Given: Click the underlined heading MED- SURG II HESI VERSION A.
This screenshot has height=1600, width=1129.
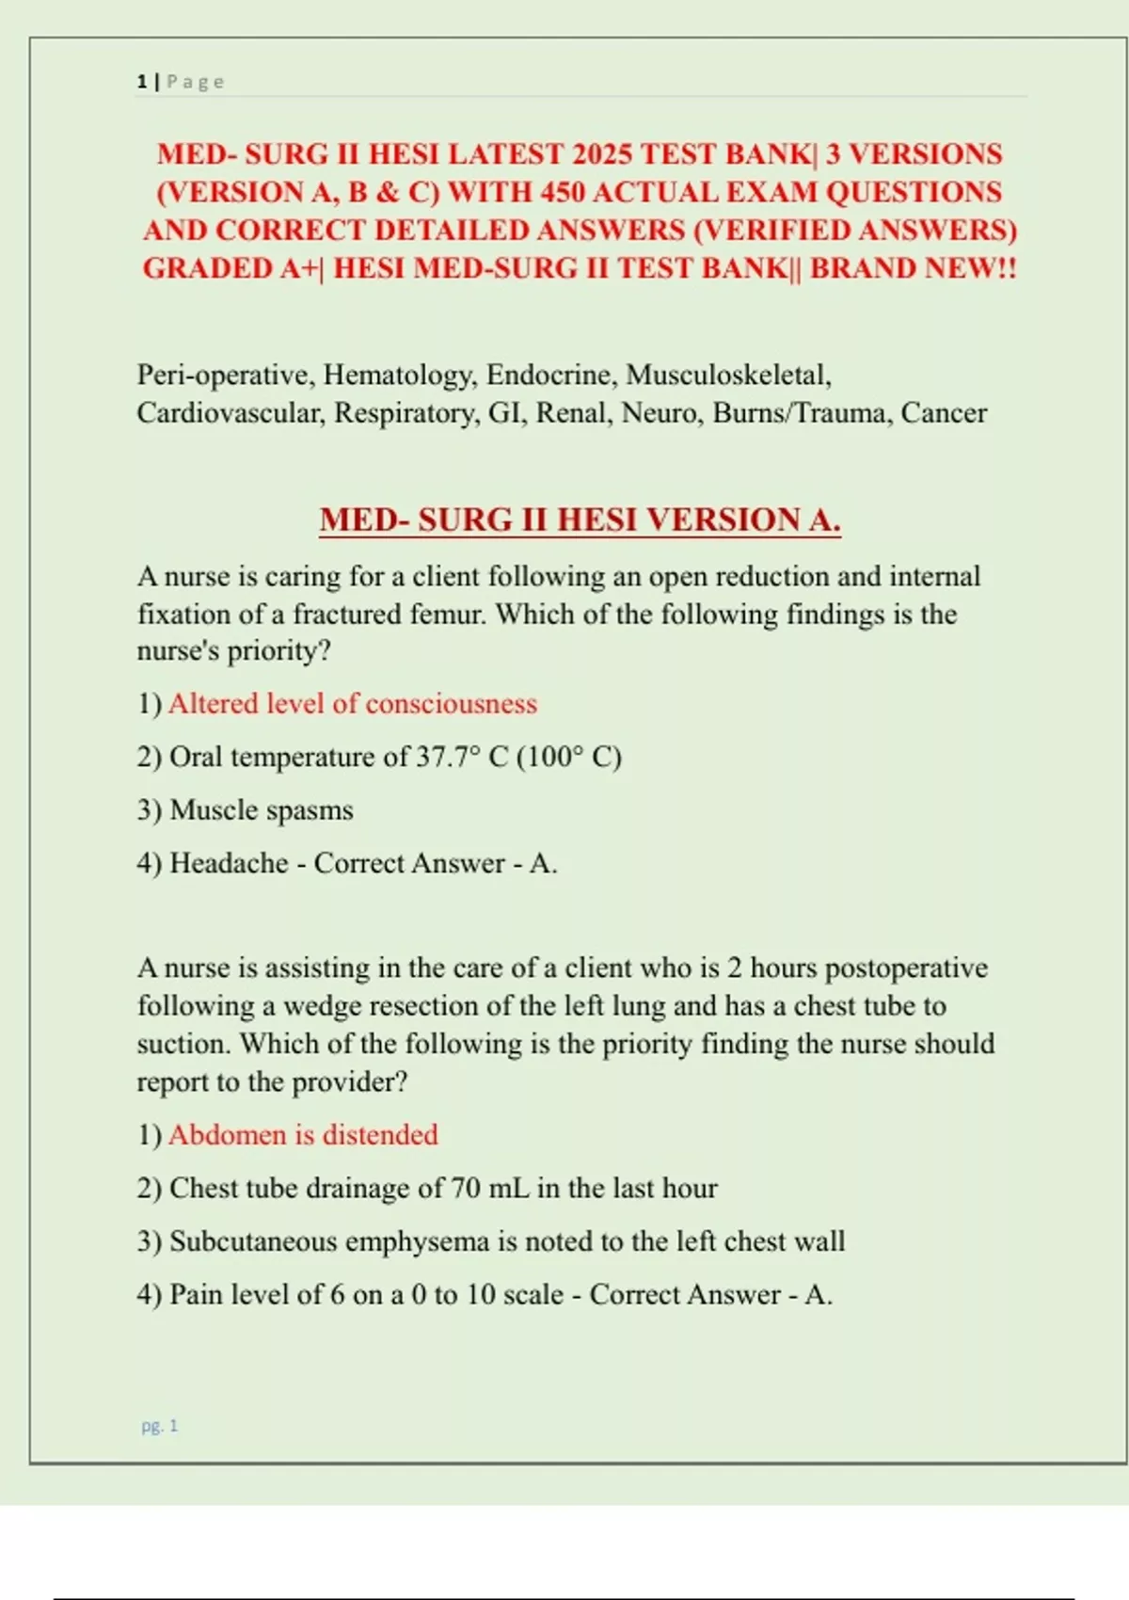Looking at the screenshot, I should (580, 520).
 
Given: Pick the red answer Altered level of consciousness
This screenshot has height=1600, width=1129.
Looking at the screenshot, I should (353, 704).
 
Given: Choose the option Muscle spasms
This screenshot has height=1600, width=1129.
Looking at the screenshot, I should (262, 810).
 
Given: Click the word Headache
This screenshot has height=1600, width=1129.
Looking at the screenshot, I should (229, 863).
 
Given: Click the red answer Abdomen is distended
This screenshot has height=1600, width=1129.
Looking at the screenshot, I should (303, 1135).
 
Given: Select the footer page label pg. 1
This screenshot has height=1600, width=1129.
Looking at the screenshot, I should (160, 1426).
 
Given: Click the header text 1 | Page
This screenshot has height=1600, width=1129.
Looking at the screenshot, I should (181, 82).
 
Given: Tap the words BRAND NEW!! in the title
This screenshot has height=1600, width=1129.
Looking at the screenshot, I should (914, 268).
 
